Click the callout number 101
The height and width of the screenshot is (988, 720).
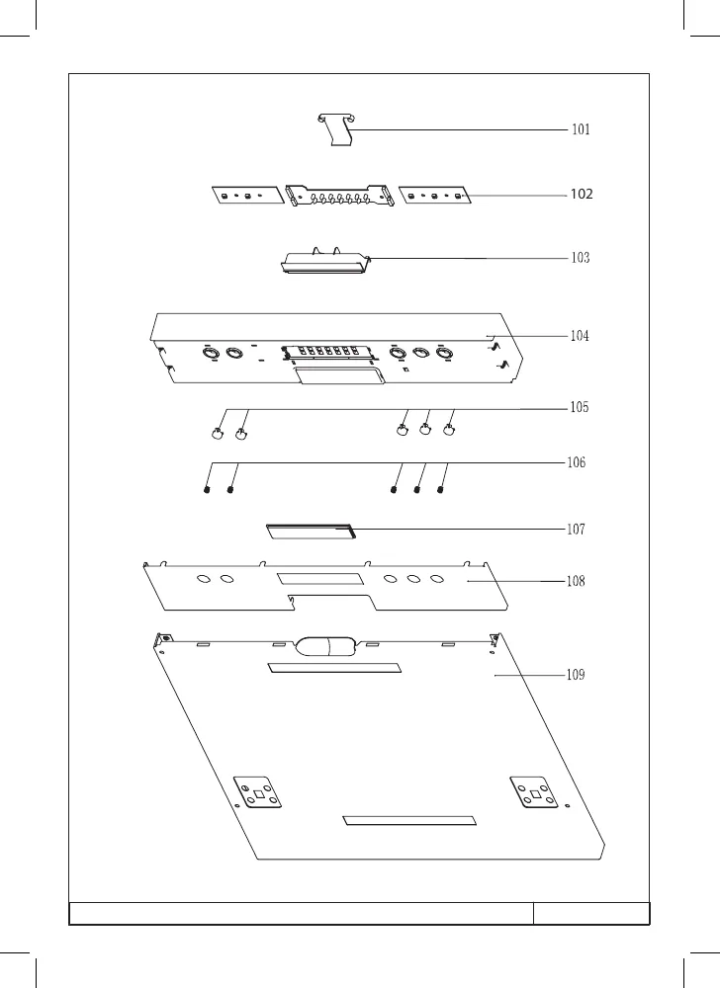581,129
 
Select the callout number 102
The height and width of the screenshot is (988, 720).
582,194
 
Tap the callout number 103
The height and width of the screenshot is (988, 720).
580,258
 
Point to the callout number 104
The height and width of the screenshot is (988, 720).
580,336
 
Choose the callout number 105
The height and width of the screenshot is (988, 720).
579,407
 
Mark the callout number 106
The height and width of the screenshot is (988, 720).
577,462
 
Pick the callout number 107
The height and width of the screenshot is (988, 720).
576,530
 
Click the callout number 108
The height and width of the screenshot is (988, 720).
576,581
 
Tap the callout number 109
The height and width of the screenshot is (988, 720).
576,675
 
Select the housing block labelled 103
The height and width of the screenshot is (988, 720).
324,261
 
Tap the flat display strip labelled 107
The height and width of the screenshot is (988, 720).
311,532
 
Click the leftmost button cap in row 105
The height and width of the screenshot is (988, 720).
217,434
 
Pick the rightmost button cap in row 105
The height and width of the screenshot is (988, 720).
448,431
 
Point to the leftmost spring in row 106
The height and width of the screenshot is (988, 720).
207,488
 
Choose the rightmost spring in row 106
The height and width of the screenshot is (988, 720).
440,488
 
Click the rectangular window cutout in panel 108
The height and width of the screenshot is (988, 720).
320,579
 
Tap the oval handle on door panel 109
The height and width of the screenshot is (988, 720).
326,648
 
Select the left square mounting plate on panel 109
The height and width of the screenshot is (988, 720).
257,792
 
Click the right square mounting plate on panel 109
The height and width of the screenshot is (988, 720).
534,792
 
